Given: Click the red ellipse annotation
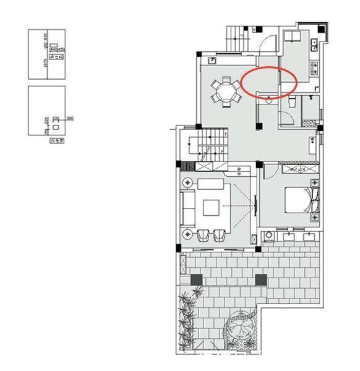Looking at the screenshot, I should tap(269, 82).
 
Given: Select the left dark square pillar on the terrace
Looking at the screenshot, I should tap(196, 279).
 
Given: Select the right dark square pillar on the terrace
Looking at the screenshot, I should tap(261, 281).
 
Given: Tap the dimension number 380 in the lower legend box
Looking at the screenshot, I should tap(70, 118).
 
